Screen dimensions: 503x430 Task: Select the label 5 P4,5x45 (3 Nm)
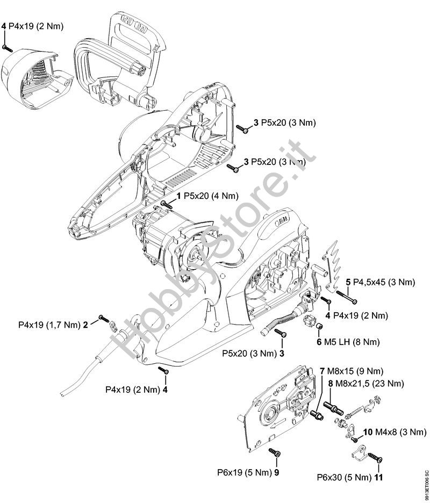click(x=380, y=282)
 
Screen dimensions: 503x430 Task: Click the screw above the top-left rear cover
click(x=6, y=48)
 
